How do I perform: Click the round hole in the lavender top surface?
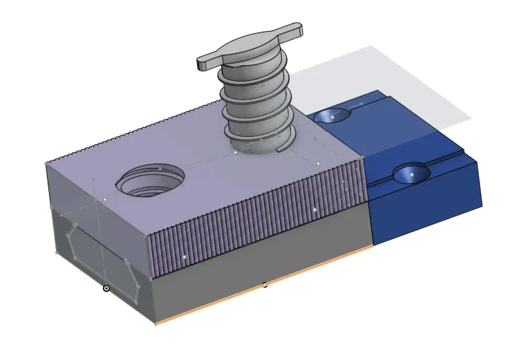[x=150, y=180]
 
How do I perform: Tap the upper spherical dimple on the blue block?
[x=332, y=117]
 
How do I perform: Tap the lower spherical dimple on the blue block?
[x=411, y=174]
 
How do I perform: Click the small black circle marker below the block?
[x=106, y=288]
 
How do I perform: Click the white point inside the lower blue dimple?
[x=412, y=175]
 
